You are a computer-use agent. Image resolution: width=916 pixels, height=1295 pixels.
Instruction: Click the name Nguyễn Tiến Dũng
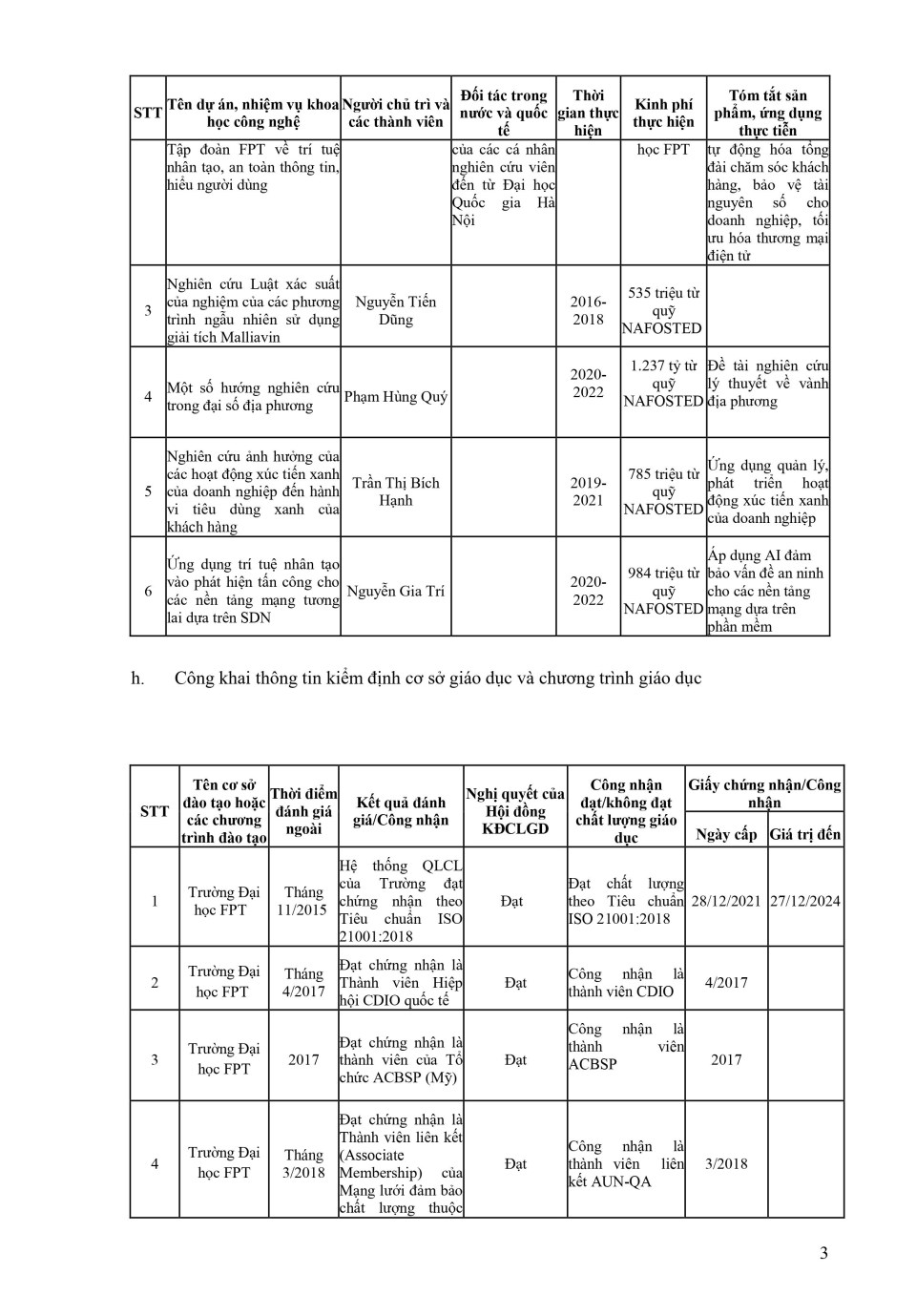point(395,310)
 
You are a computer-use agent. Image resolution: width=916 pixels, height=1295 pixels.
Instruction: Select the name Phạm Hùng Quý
point(395,396)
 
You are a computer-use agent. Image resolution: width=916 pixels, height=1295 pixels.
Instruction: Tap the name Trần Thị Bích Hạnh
point(395,491)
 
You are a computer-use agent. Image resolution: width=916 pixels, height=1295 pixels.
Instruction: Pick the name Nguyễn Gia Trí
point(395,591)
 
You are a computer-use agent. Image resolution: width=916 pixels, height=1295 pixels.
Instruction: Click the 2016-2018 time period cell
point(588,310)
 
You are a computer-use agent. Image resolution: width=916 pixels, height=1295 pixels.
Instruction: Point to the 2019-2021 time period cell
point(588,491)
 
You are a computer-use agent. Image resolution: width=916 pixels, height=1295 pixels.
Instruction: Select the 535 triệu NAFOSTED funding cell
point(663,310)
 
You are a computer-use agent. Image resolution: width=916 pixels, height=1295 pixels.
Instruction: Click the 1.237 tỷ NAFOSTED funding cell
point(663,383)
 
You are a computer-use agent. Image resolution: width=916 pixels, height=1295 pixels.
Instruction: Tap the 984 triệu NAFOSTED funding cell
point(663,591)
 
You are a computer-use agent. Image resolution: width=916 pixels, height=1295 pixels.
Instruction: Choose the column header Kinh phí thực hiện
point(663,113)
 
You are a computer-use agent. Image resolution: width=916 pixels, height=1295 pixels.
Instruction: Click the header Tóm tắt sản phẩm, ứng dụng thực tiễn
point(767,113)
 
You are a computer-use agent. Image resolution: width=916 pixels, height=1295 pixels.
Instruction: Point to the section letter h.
point(138,679)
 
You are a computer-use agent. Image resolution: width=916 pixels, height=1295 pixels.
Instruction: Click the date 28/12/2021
point(726,901)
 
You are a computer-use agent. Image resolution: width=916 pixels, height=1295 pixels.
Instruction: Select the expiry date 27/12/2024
point(805,901)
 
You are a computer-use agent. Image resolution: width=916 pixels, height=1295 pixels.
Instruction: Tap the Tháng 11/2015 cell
point(302,901)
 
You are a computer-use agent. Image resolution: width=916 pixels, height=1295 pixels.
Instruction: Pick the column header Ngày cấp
point(726,834)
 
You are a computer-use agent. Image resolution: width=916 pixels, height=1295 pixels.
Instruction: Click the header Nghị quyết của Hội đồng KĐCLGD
point(515,810)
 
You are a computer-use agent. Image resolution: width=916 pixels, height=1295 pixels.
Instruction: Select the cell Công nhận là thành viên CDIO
point(626,983)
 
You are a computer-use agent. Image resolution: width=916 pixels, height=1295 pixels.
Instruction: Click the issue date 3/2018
point(726,1163)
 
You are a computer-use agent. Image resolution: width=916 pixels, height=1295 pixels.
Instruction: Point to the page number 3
point(823,1253)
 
